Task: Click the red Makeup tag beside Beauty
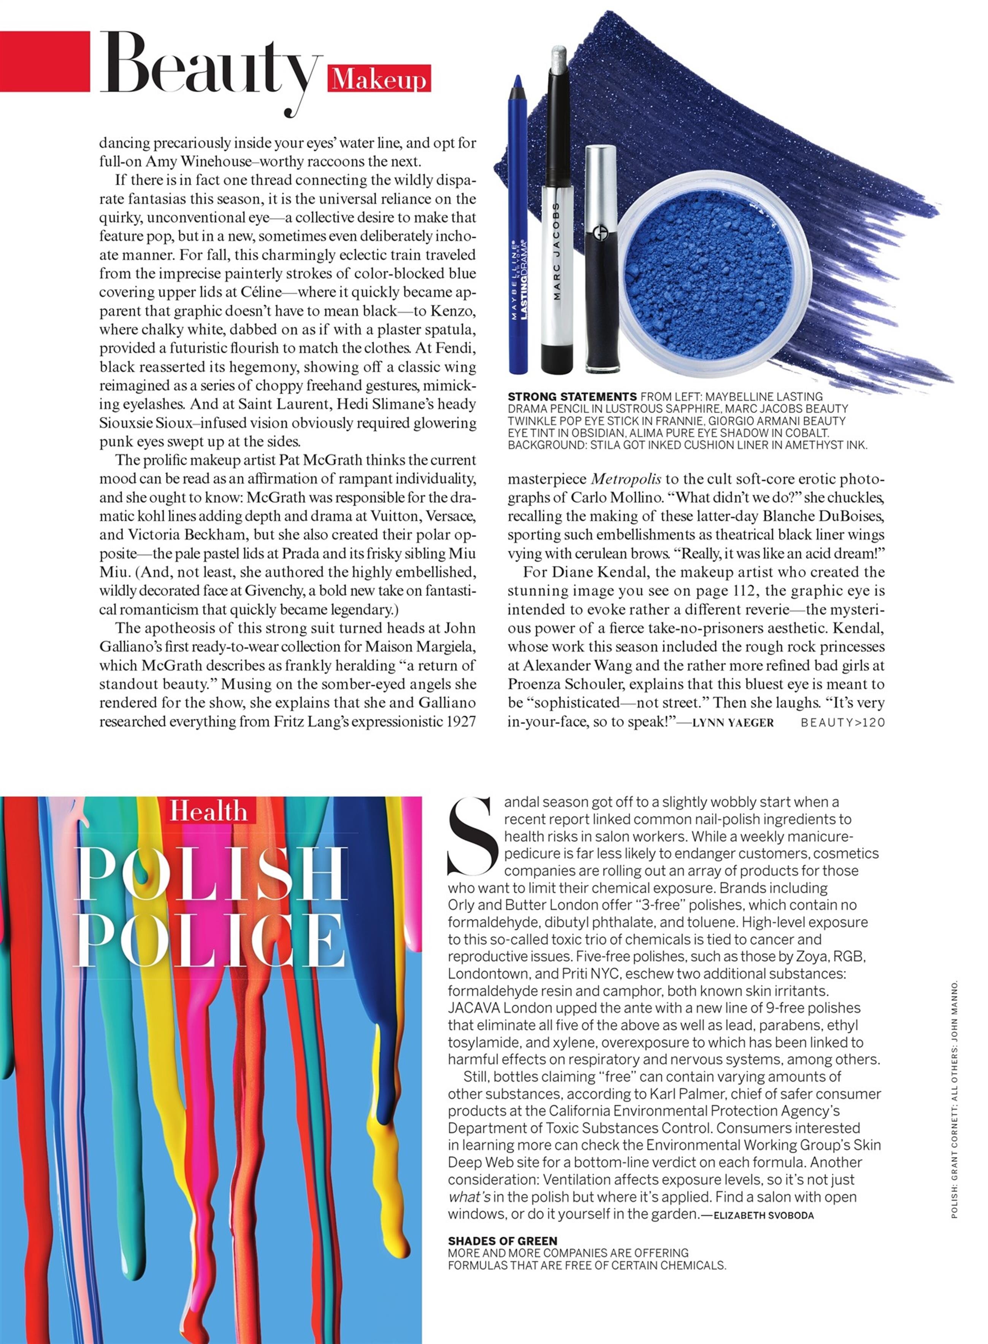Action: point(379,78)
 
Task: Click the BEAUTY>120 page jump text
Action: point(842,723)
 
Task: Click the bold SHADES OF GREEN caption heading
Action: point(503,1241)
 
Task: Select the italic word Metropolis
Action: point(626,479)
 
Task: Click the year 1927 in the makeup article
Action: point(462,722)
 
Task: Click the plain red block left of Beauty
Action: point(45,62)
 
